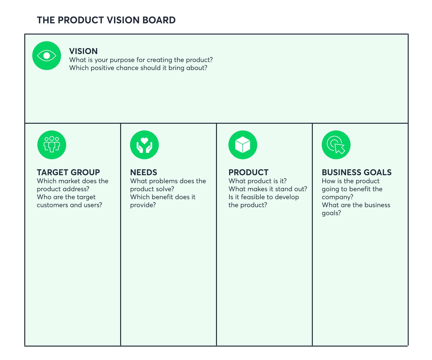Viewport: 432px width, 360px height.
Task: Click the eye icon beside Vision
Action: [47, 56]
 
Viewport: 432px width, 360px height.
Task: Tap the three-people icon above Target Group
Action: [52, 145]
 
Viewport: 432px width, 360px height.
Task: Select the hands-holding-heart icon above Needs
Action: [144, 145]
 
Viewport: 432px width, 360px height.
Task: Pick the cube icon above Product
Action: [243, 145]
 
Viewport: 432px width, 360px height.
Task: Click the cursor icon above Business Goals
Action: [336, 145]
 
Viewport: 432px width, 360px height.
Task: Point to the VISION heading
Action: [83, 51]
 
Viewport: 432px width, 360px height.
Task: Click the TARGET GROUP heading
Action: [68, 172]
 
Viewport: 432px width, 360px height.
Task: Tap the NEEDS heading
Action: [143, 172]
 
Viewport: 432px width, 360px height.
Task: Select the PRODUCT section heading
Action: [248, 172]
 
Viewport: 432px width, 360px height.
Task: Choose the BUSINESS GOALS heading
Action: [357, 172]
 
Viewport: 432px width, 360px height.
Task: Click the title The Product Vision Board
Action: [106, 20]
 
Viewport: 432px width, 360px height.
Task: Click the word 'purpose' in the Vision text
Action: [122, 60]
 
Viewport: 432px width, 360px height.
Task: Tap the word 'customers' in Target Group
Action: [52, 205]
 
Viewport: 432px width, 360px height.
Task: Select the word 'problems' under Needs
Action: [164, 181]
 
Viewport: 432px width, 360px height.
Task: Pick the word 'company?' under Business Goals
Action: [337, 197]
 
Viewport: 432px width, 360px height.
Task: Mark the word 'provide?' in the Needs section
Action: [143, 205]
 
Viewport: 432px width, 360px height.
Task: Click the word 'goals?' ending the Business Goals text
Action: [331, 213]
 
